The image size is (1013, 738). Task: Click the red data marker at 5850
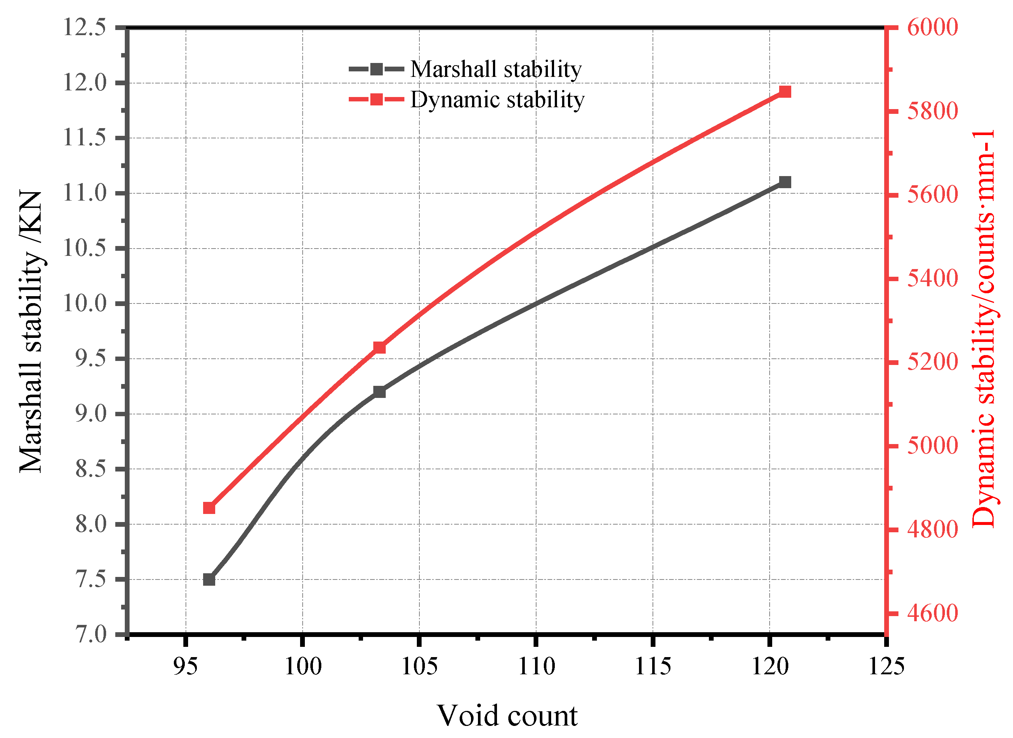[785, 92]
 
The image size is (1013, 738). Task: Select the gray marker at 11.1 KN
[785, 182]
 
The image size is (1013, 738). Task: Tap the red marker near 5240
[379, 347]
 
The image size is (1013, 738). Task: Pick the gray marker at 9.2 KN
[379, 392]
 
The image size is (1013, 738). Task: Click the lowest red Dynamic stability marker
[209, 508]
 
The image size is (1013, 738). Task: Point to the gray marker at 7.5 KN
[209, 579]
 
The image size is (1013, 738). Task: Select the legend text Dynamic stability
[497, 99]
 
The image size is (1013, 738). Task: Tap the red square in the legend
[377, 99]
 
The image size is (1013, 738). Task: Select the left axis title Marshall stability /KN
[31, 331]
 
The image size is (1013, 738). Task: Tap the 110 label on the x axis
[536, 667]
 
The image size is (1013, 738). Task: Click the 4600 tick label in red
[932, 614]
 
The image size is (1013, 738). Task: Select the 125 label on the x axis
[886, 667]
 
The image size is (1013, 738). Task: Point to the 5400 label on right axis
[932, 279]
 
